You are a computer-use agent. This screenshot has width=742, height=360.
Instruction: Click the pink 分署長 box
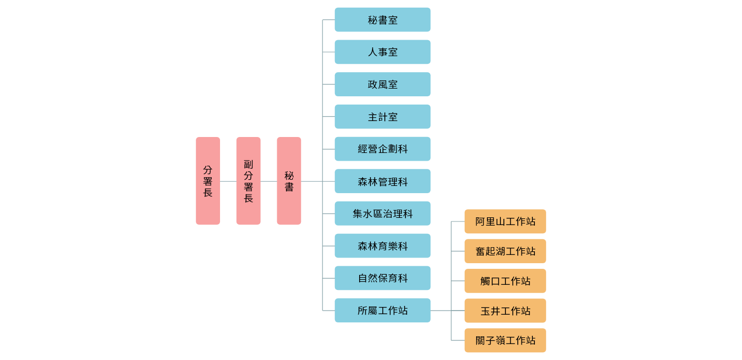pos(208,181)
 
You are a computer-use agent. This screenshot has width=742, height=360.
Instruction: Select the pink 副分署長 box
pos(248,181)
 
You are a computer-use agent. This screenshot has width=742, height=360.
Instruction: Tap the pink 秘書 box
pos(289,181)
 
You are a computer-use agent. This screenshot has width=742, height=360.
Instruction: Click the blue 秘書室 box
pos(382,20)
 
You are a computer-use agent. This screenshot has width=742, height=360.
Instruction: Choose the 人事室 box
pos(382,52)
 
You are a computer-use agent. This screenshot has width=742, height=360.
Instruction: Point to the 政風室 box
pos(382,84)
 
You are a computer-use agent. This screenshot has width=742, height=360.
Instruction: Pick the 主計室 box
pos(382,116)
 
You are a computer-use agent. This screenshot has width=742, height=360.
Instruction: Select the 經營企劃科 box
pos(382,149)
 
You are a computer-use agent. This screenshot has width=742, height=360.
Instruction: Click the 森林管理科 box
pos(382,181)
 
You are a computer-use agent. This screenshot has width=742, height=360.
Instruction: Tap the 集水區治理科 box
pos(382,213)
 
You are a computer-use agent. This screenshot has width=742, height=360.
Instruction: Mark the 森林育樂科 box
pos(382,246)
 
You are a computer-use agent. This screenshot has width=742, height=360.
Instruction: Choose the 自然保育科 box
pos(382,278)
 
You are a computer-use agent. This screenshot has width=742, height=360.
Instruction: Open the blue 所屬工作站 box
pos(382,310)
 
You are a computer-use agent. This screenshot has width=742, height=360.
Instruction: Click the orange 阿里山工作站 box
pos(505,221)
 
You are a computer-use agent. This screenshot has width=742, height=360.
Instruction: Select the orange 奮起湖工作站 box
pos(505,251)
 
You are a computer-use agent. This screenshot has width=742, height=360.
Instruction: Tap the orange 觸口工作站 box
pos(505,281)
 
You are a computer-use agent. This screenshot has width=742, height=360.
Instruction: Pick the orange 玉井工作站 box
pos(505,311)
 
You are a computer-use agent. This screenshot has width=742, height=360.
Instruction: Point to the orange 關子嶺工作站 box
pos(505,340)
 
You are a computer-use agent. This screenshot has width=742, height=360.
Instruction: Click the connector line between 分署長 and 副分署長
pos(228,181)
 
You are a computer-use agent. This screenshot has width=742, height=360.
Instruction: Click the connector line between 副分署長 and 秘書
pos(268,181)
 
